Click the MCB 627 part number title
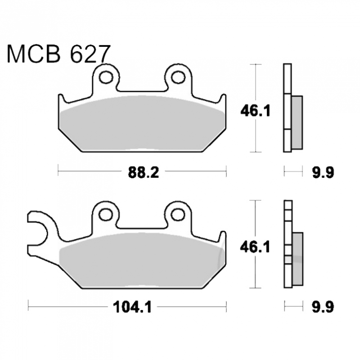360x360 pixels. [59, 54]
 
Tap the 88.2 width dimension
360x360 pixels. [144, 172]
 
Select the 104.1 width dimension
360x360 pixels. [132, 307]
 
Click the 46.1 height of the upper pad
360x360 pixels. [255, 111]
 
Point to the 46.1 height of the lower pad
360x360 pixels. [255, 247]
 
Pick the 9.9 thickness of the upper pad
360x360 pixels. [323, 172]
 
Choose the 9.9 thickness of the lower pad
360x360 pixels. [323, 307]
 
